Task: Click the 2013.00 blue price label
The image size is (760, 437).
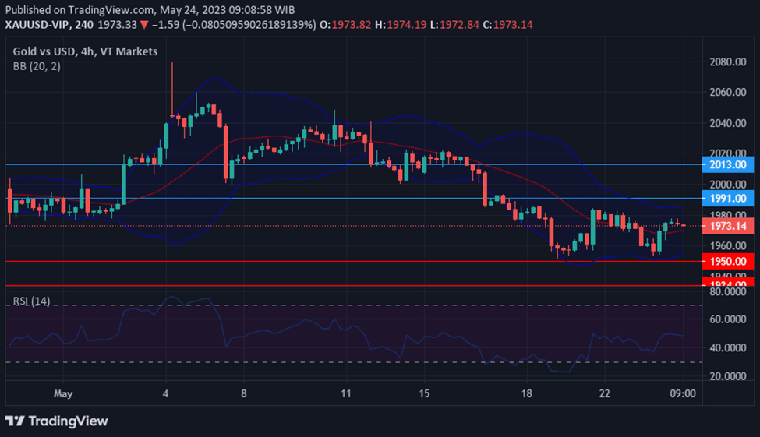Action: point(727,164)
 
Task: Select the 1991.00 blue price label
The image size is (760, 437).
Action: point(727,199)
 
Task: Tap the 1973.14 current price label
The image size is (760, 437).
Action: point(727,226)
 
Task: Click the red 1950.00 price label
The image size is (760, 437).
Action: point(727,262)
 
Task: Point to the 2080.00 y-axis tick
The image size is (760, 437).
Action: point(727,62)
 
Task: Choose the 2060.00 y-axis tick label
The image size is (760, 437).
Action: point(727,92)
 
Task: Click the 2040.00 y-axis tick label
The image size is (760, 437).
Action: point(727,123)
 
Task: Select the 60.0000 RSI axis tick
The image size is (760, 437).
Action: point(727,319)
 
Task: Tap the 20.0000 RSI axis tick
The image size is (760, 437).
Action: point(727,376)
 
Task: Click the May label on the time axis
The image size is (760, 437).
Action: point(64,394)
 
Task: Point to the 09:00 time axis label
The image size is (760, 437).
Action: point(684,394)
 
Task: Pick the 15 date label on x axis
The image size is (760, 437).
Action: point(424,394)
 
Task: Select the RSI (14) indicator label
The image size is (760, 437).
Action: point(31,301)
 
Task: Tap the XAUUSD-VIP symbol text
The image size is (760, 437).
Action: point(37,25)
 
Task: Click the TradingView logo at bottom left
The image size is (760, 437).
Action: point(57,421)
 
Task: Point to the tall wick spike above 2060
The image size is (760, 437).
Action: point(171,78)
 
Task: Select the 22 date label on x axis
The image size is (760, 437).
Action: point(605,394)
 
